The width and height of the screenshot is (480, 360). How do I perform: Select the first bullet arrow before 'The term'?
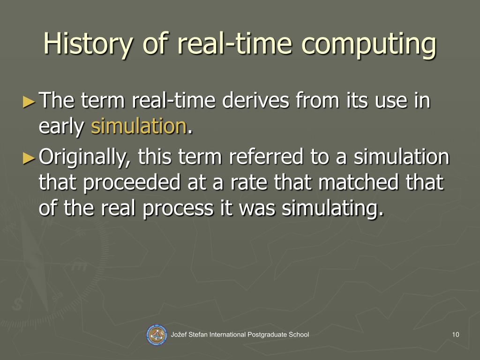coord(29,101)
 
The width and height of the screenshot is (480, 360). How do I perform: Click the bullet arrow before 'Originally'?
coord(29,158)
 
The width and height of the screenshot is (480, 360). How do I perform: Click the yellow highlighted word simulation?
coord(139,127)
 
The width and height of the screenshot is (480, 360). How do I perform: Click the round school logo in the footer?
coord(157,335)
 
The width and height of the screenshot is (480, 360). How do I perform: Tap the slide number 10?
coord(456,334)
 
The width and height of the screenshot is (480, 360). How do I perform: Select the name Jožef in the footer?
coord(180,334)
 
